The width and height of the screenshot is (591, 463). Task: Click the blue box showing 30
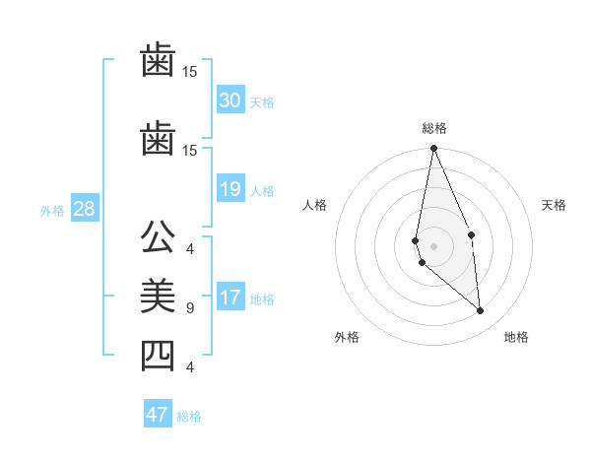[230, 100]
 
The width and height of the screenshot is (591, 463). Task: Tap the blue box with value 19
[230, 189]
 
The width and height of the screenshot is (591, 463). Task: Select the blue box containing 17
[230, 298]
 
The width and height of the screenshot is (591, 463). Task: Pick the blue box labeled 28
[83, 209]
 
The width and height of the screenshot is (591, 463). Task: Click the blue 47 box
[157, 414]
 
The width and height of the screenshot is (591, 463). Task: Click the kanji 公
[158, 239]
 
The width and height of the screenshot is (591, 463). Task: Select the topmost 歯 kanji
[158, 62]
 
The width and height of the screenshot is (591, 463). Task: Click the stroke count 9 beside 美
[190, 308]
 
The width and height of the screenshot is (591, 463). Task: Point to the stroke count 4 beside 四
[190, 367]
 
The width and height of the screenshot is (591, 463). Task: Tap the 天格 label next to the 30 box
[261, 102]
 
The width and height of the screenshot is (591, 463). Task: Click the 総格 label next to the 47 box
[189, 417]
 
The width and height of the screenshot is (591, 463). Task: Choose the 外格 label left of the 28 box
[51, 211]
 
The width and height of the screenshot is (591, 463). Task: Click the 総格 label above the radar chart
[434, 128]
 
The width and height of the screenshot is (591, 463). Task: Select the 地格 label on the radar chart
[516, 337]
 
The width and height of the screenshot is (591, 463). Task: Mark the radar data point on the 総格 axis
[433, 149]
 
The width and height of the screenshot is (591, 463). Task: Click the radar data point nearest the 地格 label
[481, 311]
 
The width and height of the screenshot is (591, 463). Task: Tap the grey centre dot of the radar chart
[433, 245]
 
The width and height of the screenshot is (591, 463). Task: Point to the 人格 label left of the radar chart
[315, 205]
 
